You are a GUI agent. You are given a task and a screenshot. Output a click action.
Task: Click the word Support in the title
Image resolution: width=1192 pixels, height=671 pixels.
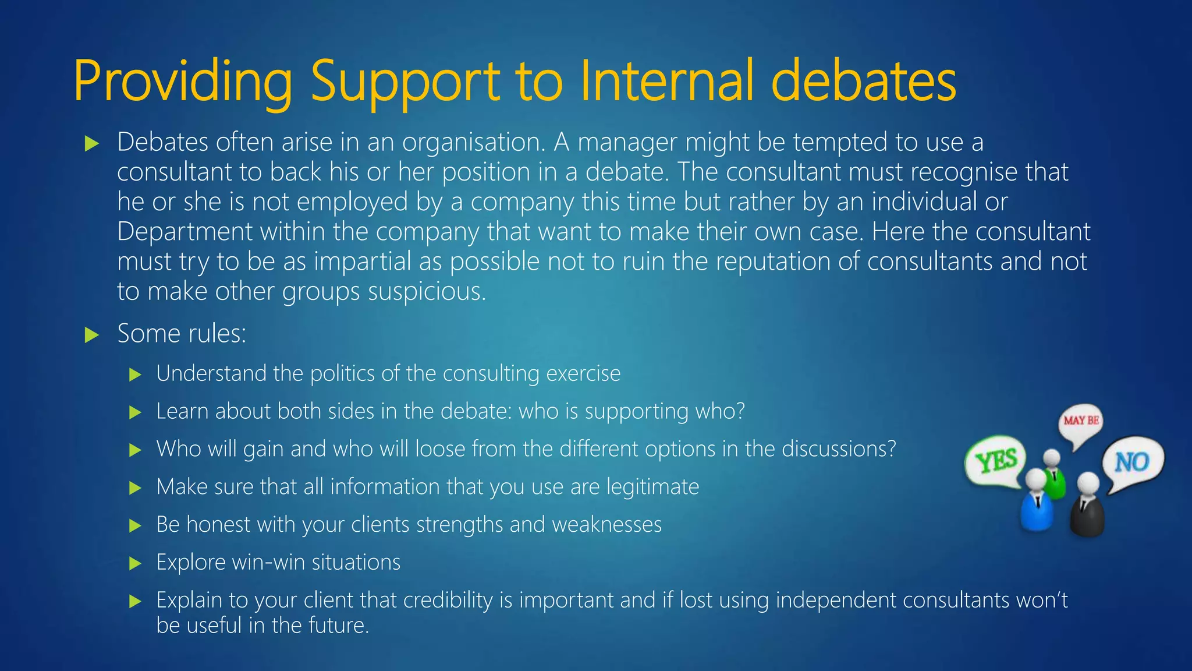pyautogui.click(x=405, y=82)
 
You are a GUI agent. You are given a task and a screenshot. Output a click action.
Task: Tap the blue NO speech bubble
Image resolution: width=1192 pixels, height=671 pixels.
pyautogui.click(x=1133, y=462)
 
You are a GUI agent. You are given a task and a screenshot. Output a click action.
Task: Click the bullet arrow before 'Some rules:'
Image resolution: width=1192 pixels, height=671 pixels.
pyautogui.click(x=92, y=335)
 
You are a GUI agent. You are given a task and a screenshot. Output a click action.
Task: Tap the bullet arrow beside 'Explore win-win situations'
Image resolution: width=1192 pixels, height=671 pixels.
pyautogui.click(x=135, y=563)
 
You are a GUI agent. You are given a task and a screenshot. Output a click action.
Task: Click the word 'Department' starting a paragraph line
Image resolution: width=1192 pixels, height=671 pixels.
pyautogui.click(x=185, y=232)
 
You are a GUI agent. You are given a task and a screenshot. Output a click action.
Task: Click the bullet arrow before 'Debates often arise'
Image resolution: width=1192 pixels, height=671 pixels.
pyautogui.click(x=92, y=143)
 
